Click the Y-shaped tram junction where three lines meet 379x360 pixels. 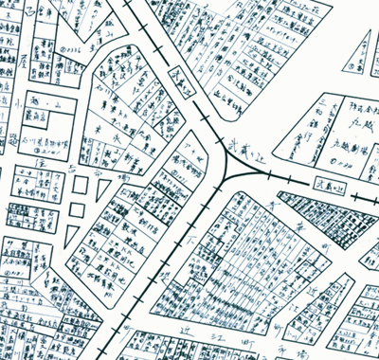[x=230, y=171]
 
